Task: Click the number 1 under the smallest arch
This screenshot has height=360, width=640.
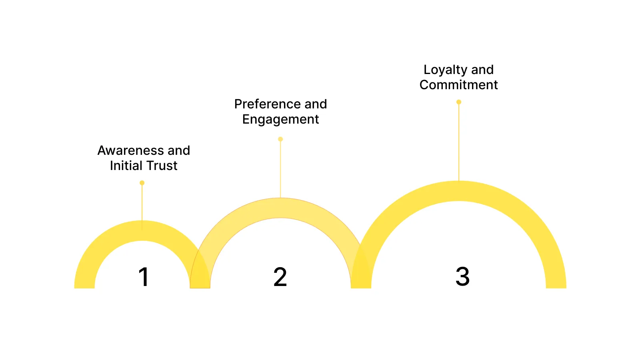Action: pos(144,277)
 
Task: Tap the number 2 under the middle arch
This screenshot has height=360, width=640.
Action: pos(280,277)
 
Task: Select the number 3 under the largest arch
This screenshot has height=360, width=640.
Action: pos(462,276)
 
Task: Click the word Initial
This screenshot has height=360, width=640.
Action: pos(126,166)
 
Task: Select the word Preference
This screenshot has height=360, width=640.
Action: pos(267,104)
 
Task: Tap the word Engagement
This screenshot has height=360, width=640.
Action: pos(280,119)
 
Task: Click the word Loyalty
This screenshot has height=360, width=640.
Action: pos(445,70)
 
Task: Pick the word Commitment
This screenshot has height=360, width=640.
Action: pos(458,85)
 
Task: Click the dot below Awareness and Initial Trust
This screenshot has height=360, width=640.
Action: pos(142,183)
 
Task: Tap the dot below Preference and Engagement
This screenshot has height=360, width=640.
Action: pos(280,139)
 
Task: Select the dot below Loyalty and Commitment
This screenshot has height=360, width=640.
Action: pos(459,102)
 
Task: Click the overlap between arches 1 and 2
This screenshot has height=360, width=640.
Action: pos(200,276)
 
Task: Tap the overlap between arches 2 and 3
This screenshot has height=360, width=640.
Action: pos(361,272)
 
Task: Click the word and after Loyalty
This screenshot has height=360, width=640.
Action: pos(482,70)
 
